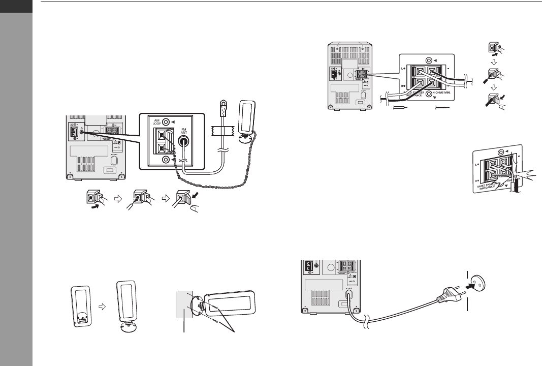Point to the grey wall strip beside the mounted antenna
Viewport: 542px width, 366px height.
click(183, 306)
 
